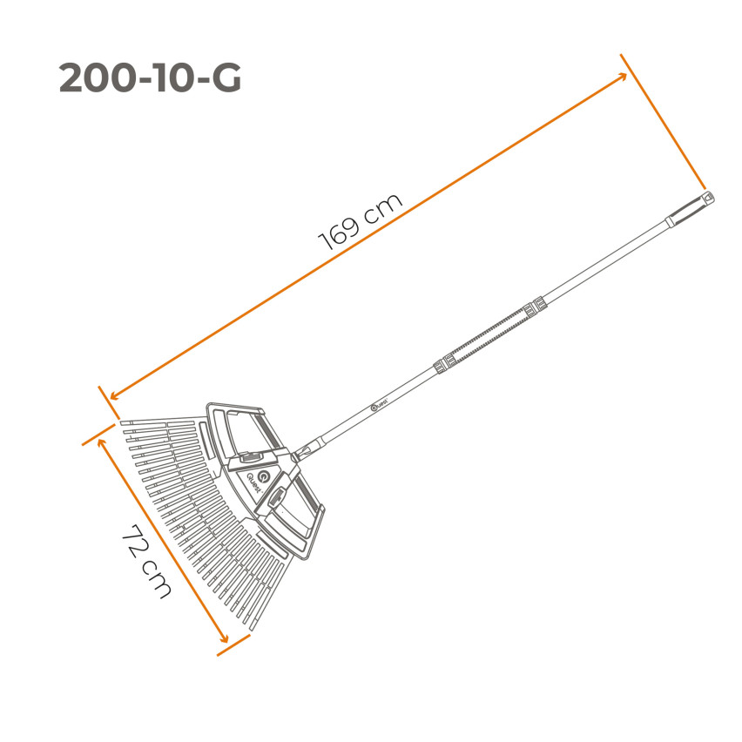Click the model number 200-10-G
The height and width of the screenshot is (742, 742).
tap(150, 79)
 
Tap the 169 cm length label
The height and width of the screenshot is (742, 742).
tap(361, 222)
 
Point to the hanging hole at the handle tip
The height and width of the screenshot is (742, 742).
tap(708, 199)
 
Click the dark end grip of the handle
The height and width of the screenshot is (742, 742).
tap(689, 210)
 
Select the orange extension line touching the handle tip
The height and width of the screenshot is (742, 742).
tap(662, 121)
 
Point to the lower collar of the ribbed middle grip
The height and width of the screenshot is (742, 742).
tap(441, 364)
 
